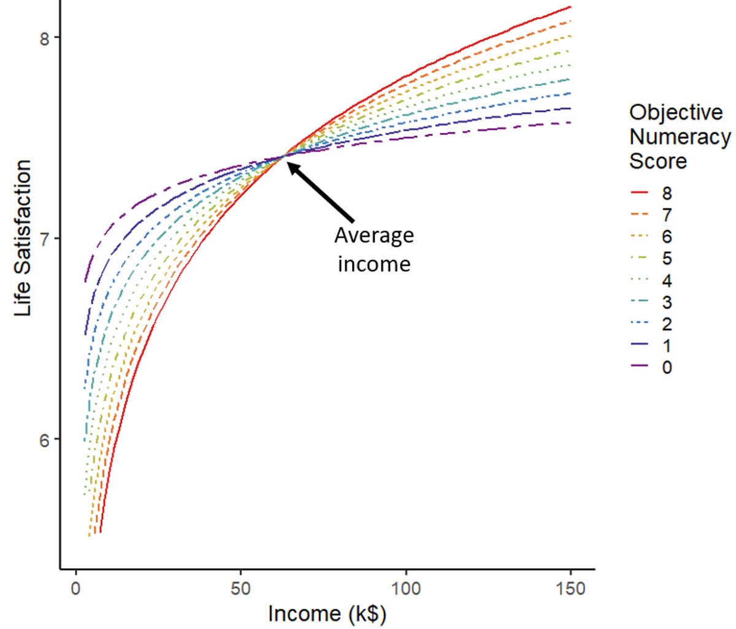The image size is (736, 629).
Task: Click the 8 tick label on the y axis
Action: (44, 38)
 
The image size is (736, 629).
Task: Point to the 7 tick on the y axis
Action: (44, 238)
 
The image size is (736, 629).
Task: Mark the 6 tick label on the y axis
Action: (44, 440)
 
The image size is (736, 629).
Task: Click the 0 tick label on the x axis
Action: (76, 589)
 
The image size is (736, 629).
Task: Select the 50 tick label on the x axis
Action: (241, 589)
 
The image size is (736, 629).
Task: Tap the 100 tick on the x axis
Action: (406, 589)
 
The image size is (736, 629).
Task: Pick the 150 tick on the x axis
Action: (571, 589)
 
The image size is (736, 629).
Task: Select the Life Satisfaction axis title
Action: (23, 238)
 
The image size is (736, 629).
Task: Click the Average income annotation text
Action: (374, 250)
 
